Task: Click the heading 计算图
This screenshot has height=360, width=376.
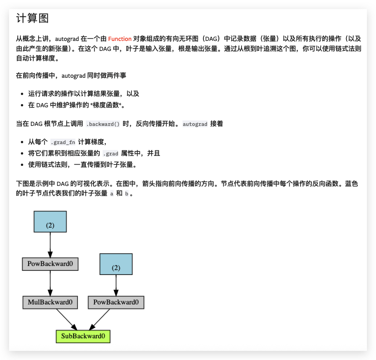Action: (32, 19)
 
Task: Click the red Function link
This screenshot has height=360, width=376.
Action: (120, 39)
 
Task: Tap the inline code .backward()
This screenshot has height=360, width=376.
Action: (103, 124)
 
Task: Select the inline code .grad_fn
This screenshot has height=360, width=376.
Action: (63, 142)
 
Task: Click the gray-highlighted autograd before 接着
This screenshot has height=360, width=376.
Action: (195, 124)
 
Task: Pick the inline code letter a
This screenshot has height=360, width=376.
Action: (112, 194)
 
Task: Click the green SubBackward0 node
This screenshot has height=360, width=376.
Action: (83, 337)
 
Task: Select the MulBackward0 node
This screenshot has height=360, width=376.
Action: (50, 302)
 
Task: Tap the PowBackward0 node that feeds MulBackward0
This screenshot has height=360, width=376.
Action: (50, 263)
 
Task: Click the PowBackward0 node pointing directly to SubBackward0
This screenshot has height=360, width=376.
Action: (116, 302)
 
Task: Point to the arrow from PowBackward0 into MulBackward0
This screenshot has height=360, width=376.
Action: (50, 282)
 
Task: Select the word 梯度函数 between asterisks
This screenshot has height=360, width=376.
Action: (107, 105)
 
